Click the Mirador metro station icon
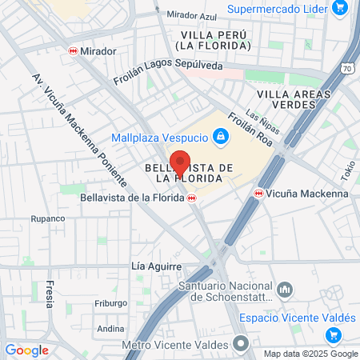73,50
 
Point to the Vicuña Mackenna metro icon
258,193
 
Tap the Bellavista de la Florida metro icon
192,198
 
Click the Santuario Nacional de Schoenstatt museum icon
287,290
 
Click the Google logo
26,350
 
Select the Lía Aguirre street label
156,266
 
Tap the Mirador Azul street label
192,15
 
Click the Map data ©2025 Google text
311,354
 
